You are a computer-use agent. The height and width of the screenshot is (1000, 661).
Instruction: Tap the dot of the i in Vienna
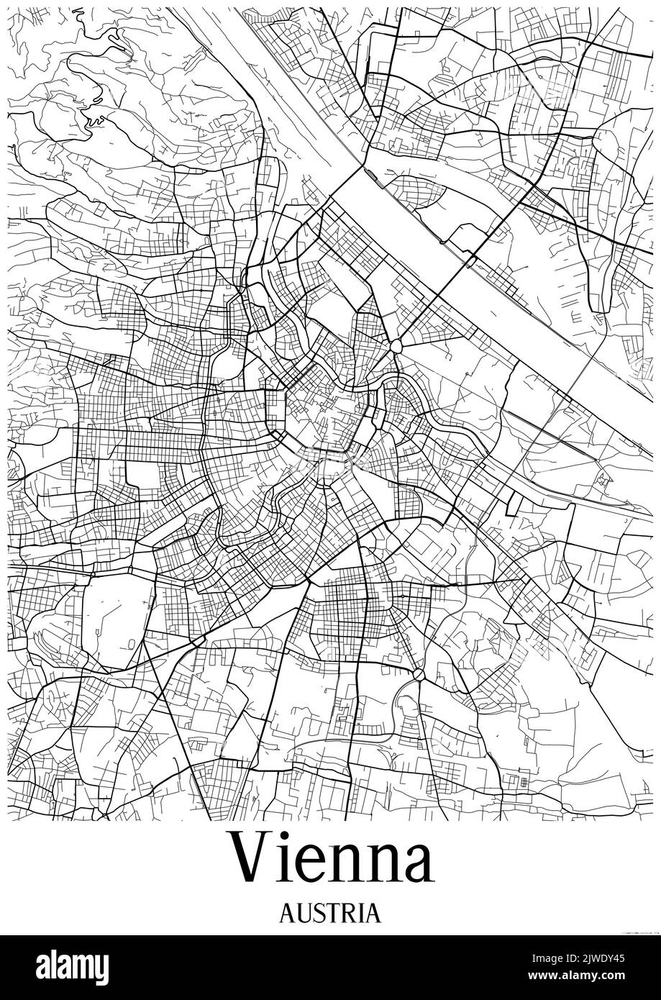tap(288, 836)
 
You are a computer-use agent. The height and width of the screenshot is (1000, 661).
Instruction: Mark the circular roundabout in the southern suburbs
tap(418, 673)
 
